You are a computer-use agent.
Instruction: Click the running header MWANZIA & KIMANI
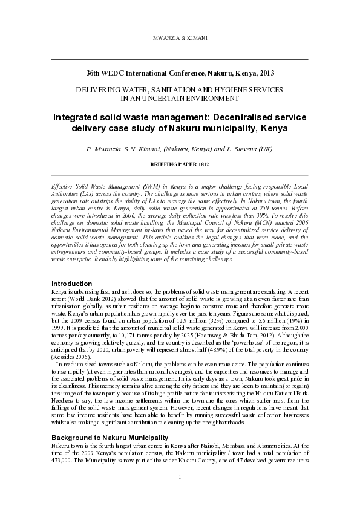pyautogui.click(x=180, y=22)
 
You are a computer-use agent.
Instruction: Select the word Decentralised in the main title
pyautogui.click(x=221, y=116)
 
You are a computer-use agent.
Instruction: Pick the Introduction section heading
pyautogui.click(x=72, y=284)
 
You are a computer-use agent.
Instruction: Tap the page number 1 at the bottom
pyautogui.click(x=180, y=494)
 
